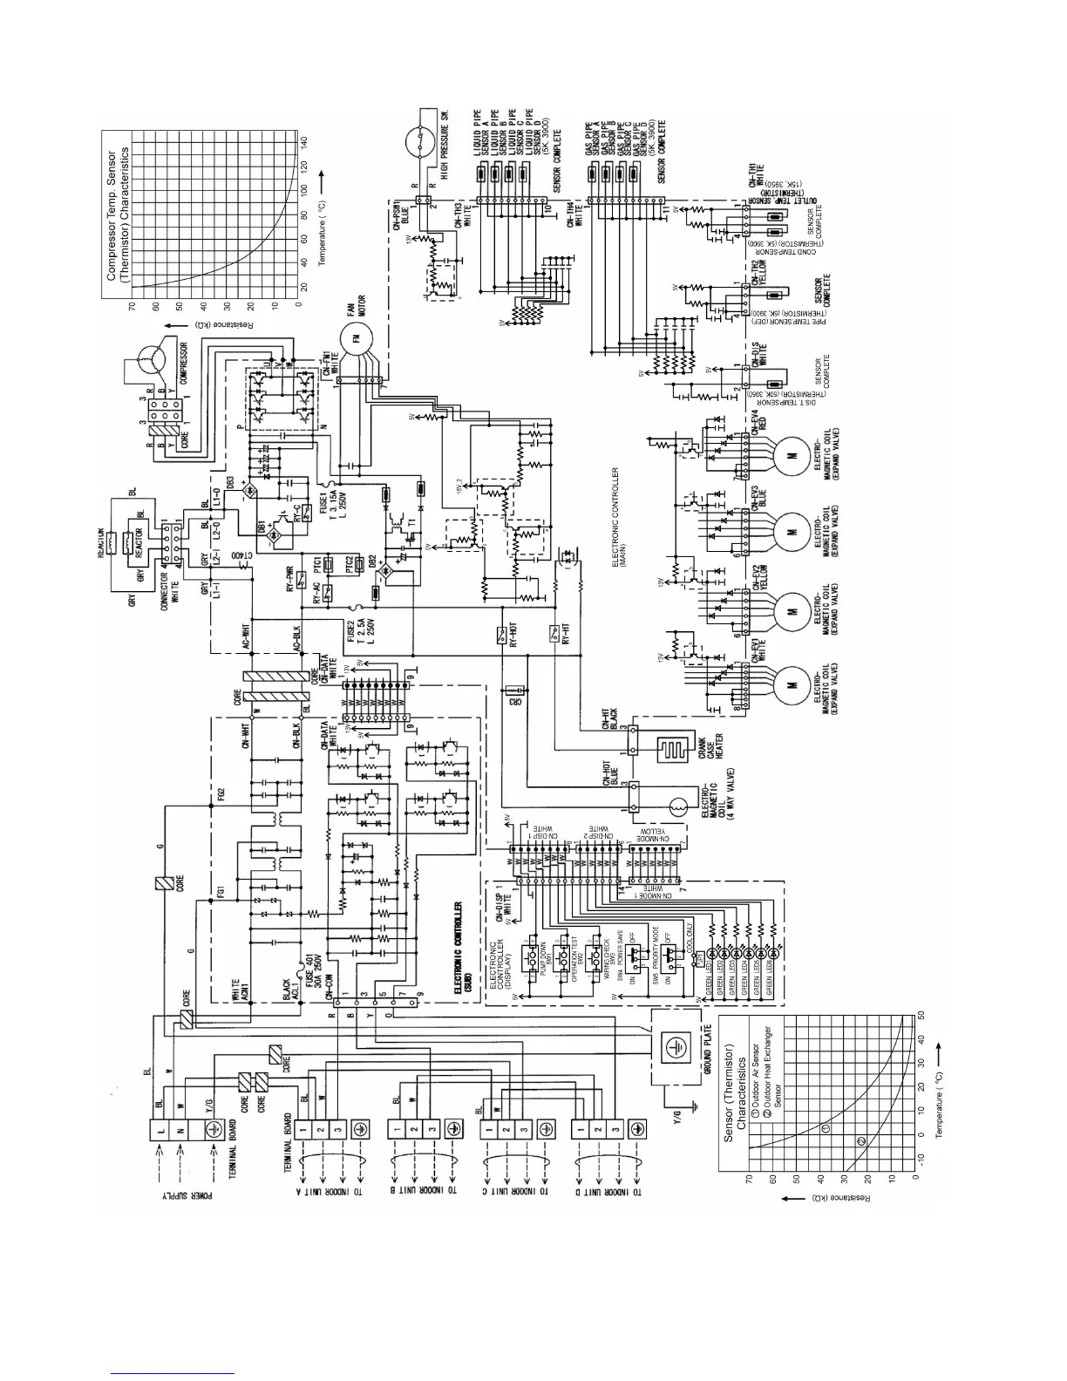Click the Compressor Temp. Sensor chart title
click(x=119, y=214)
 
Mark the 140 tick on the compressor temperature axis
click(x=304, y=141)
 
